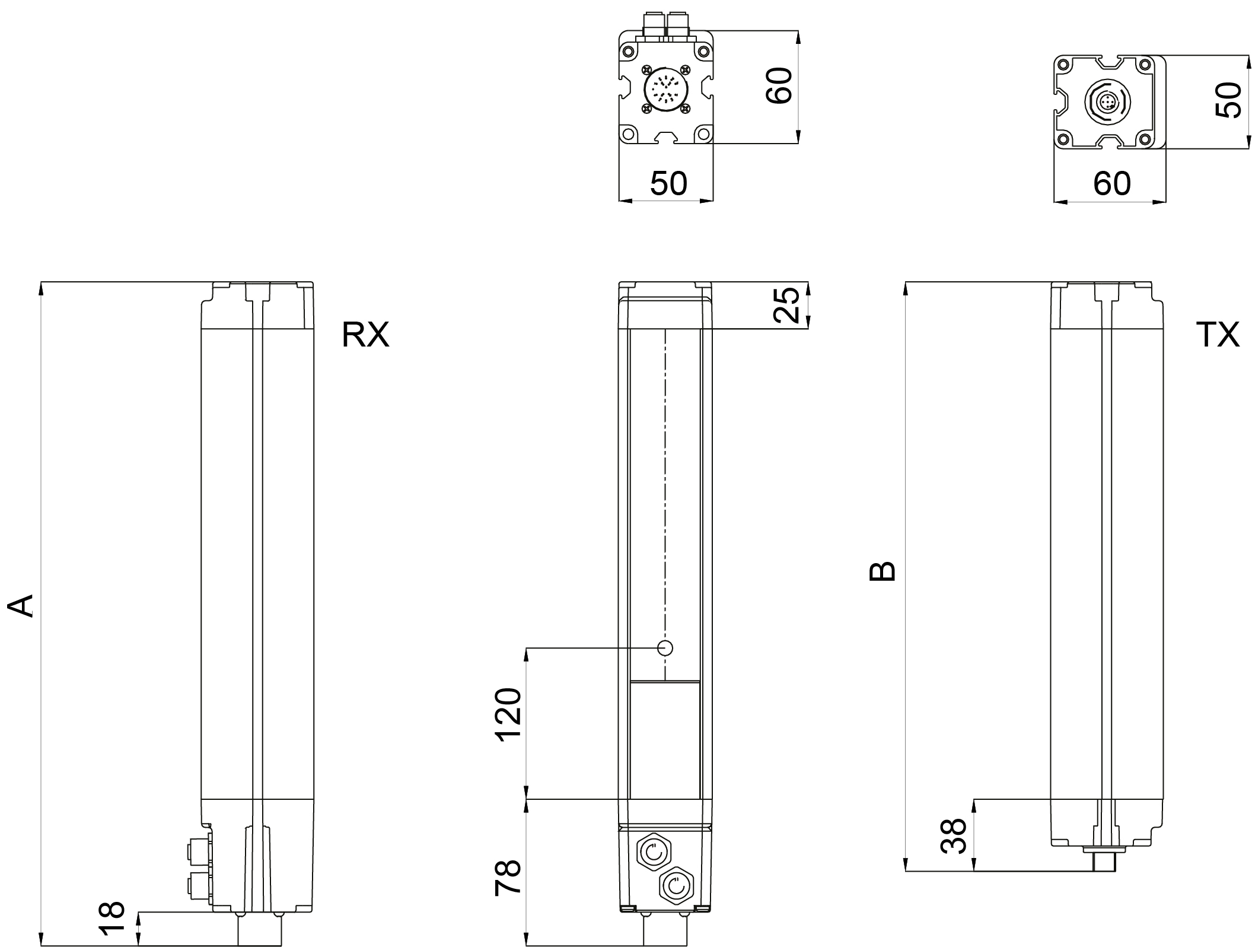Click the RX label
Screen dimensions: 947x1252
coord(365,335)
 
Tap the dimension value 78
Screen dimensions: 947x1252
coord(508,877)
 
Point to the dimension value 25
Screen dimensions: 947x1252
coord(790,305)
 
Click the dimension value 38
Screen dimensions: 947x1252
coord(954,835)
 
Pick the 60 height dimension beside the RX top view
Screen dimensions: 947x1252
coord(779,86)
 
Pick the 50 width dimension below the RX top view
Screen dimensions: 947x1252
coord(668,183)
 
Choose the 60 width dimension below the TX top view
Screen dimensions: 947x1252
coord(1111,183)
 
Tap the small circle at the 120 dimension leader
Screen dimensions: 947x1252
coord(665,648)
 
